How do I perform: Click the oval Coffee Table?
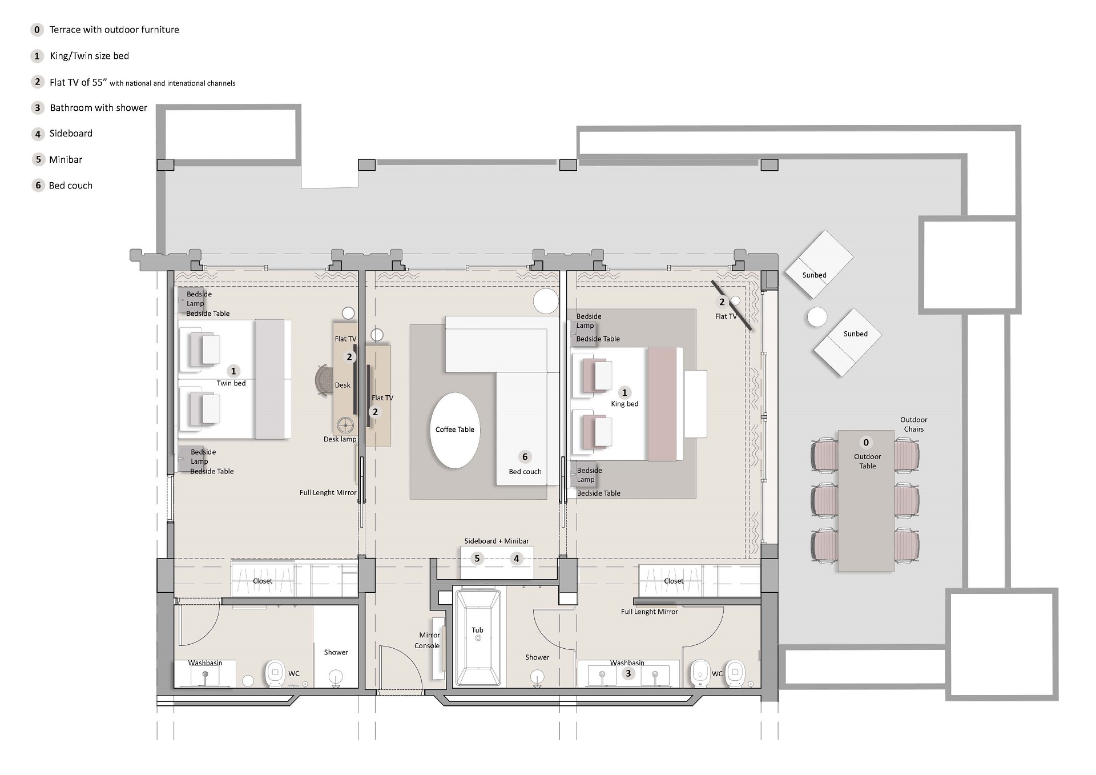(455, 430)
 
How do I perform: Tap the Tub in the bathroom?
(477, 638)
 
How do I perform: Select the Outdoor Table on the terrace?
(866, 501)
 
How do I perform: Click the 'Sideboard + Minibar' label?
(497, 541)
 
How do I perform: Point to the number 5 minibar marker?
(477, 559)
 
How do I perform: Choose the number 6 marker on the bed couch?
(525, 456)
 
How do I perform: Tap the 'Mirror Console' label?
(428, 640)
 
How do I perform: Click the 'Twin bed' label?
(231, 383)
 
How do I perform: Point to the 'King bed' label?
(624, 404)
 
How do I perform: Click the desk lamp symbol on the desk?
(345, 425)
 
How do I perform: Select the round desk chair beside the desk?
(324, 380)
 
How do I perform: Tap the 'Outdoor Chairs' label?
(913, 424)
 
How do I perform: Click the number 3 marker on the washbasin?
(628, 673)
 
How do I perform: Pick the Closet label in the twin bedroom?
(263, 581)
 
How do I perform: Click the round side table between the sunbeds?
(817, 317)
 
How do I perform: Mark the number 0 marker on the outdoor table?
(866, 443)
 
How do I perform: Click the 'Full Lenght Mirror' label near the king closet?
(650, 612)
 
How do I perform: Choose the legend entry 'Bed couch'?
(71, 186)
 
